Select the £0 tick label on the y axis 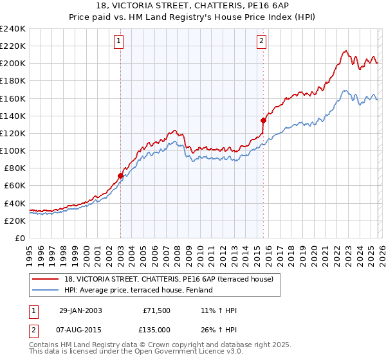19,238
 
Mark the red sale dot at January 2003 120,175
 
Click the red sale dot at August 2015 263,120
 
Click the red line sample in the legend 46,279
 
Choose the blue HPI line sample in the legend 46,290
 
